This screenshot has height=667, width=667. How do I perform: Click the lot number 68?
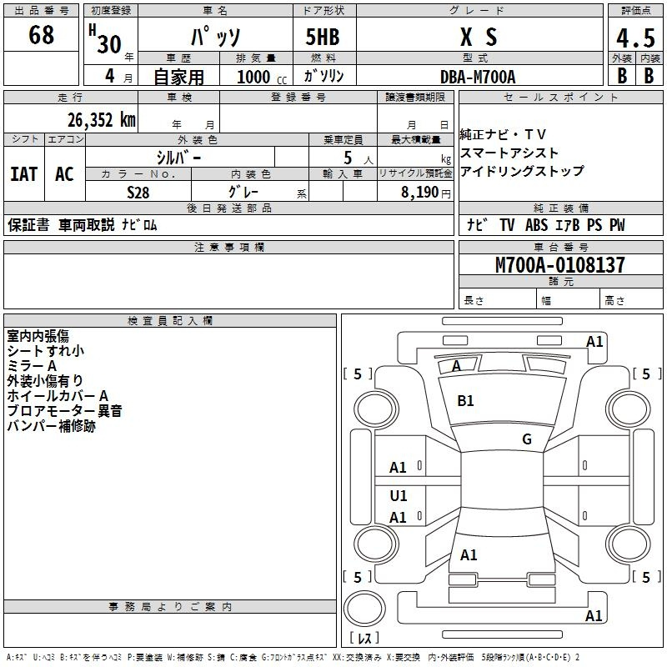coord(41,36)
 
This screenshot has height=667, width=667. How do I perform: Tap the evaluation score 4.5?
coord(634,40)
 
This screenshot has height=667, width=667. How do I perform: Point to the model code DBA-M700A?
coord(478,77)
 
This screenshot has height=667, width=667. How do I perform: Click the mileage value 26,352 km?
coord(101,120)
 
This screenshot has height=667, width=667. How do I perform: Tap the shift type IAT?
coord(23,174)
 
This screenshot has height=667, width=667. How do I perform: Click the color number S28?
coord(138,193)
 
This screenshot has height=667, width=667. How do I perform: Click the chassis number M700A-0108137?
coord(559,266)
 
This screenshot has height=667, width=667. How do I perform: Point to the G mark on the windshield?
coord(526,439)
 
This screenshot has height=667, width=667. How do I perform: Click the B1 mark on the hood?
coord(465,401)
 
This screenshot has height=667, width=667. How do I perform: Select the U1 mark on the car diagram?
coord(399,496)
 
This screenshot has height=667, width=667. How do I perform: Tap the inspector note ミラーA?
coord(32,365)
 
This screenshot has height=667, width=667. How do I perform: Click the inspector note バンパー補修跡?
coord(51,426)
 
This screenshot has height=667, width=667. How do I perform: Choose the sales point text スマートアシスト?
coord(509,153)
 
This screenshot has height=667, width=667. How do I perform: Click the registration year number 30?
coord(108,43)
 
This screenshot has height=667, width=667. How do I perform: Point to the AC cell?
coord(64,174)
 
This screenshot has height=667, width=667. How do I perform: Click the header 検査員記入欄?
coord(170,321)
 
